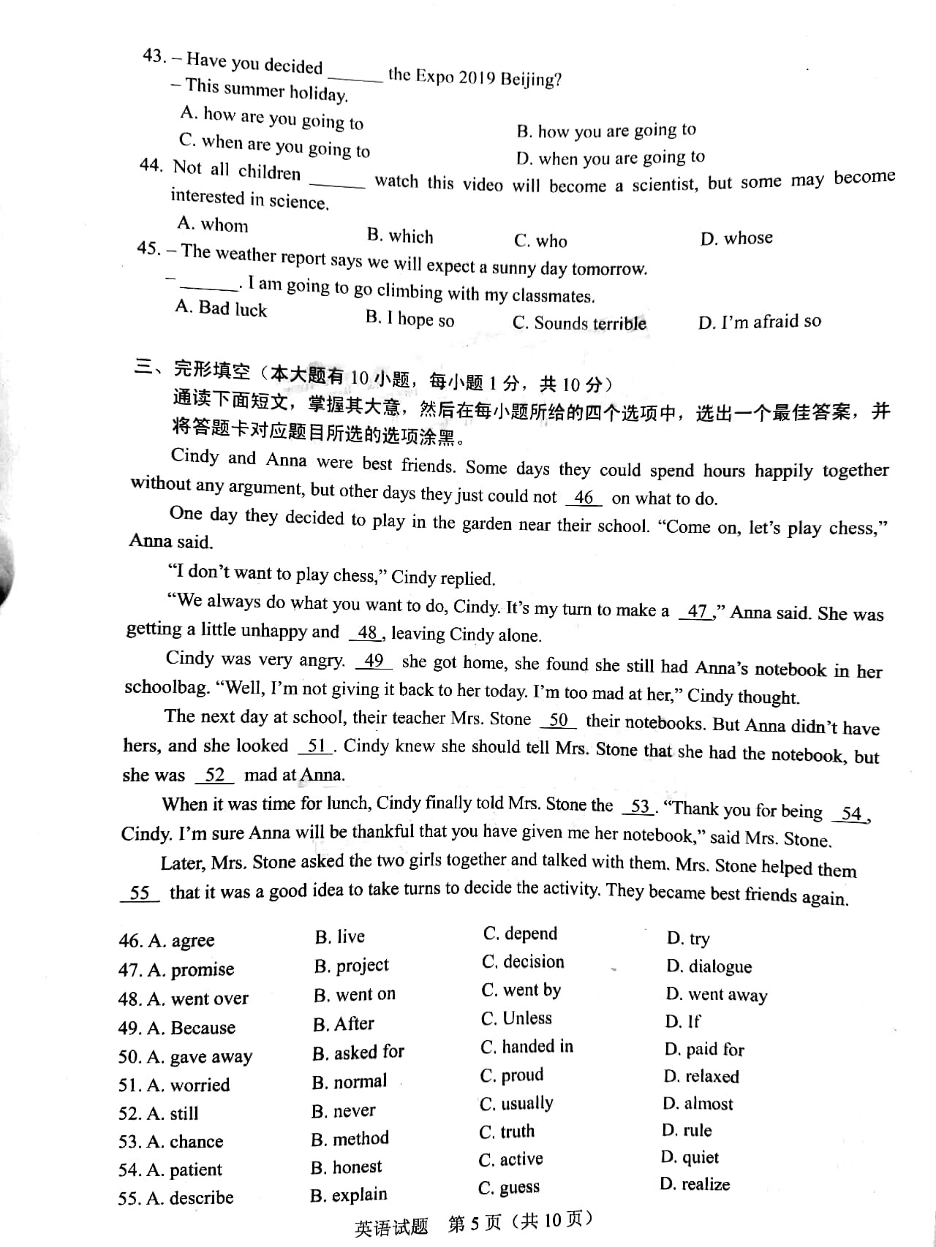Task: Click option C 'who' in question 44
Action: (540, 241)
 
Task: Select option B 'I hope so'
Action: (409, 319)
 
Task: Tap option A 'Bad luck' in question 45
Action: (221, 308)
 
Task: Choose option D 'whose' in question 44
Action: (736, 238)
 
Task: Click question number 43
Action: (154, 56)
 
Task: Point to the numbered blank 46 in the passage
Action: (584, 498)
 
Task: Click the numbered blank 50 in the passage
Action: (558, 720)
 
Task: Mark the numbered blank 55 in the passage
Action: (140, 892)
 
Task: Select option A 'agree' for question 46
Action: (181, 941)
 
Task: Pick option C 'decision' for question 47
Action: (523, 962)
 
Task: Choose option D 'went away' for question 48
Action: (717, 995)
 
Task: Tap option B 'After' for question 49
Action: (343, 1023)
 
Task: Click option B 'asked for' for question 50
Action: (358, 1053)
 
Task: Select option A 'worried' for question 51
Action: (188, 1085)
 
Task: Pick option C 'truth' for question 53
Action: (507, 1132)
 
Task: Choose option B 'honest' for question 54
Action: (346, 1167)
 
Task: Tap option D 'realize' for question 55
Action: (694, 1184)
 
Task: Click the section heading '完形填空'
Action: (211, 371)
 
